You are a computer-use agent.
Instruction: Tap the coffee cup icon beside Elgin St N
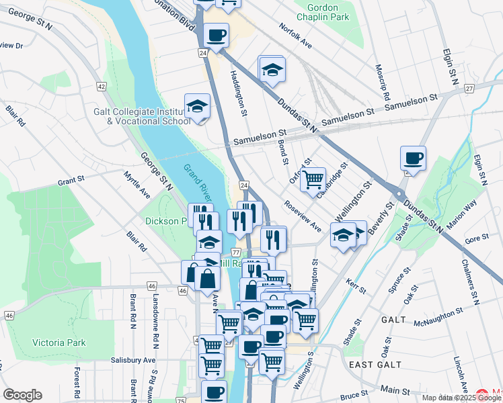pos(414,159)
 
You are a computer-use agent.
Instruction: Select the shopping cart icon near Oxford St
pos(313,180)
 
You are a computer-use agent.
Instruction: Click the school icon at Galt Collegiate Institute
pos(197,107)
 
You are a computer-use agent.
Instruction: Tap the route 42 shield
pos(102,87)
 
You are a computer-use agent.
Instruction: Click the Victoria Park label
pos(59,343)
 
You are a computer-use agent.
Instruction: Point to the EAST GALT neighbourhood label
pos(375,365)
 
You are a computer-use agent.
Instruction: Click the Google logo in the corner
pos(22,395)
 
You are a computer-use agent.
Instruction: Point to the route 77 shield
pos(235,252)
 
